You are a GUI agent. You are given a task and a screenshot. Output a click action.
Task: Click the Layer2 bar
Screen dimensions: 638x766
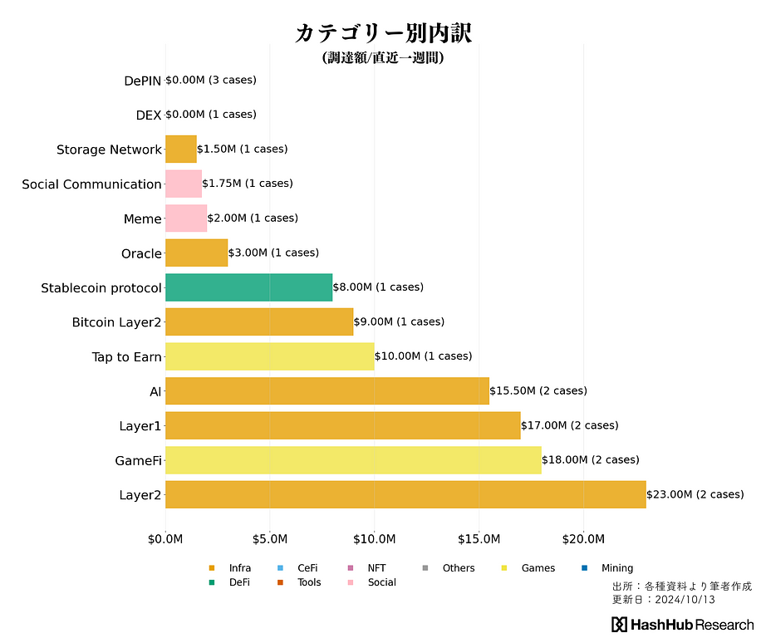(405, 494)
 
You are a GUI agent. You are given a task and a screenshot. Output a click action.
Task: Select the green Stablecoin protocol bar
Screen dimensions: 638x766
(248, 287)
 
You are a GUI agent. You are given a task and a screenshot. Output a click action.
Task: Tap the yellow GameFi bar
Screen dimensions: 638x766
(353, 459)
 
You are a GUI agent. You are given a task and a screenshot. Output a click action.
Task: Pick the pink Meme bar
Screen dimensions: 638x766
(186, 218)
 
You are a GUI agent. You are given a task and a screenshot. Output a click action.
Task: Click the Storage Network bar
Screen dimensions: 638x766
(181, 150)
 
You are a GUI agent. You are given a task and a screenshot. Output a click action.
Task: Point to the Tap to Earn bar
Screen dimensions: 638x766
(269, 356)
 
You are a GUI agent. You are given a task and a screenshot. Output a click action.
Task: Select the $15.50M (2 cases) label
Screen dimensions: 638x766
(538, 390)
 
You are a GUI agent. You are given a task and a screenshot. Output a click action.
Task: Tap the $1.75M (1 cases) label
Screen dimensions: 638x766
(248, 184)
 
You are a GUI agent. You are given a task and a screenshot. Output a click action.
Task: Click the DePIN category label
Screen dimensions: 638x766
(142, 81)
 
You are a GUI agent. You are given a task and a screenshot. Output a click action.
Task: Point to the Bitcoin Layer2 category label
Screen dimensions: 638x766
(116, 322)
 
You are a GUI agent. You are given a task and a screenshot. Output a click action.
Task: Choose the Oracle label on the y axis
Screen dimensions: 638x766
(141, 253)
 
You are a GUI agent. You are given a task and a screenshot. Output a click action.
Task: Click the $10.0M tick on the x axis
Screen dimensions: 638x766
(374, 540)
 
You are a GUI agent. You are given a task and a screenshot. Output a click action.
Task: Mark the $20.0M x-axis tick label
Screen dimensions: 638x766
(583, 540)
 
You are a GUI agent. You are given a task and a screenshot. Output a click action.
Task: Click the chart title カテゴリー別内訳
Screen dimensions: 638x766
(383, 33)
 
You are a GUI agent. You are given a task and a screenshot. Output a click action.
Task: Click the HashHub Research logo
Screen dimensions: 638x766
(683, 625)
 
